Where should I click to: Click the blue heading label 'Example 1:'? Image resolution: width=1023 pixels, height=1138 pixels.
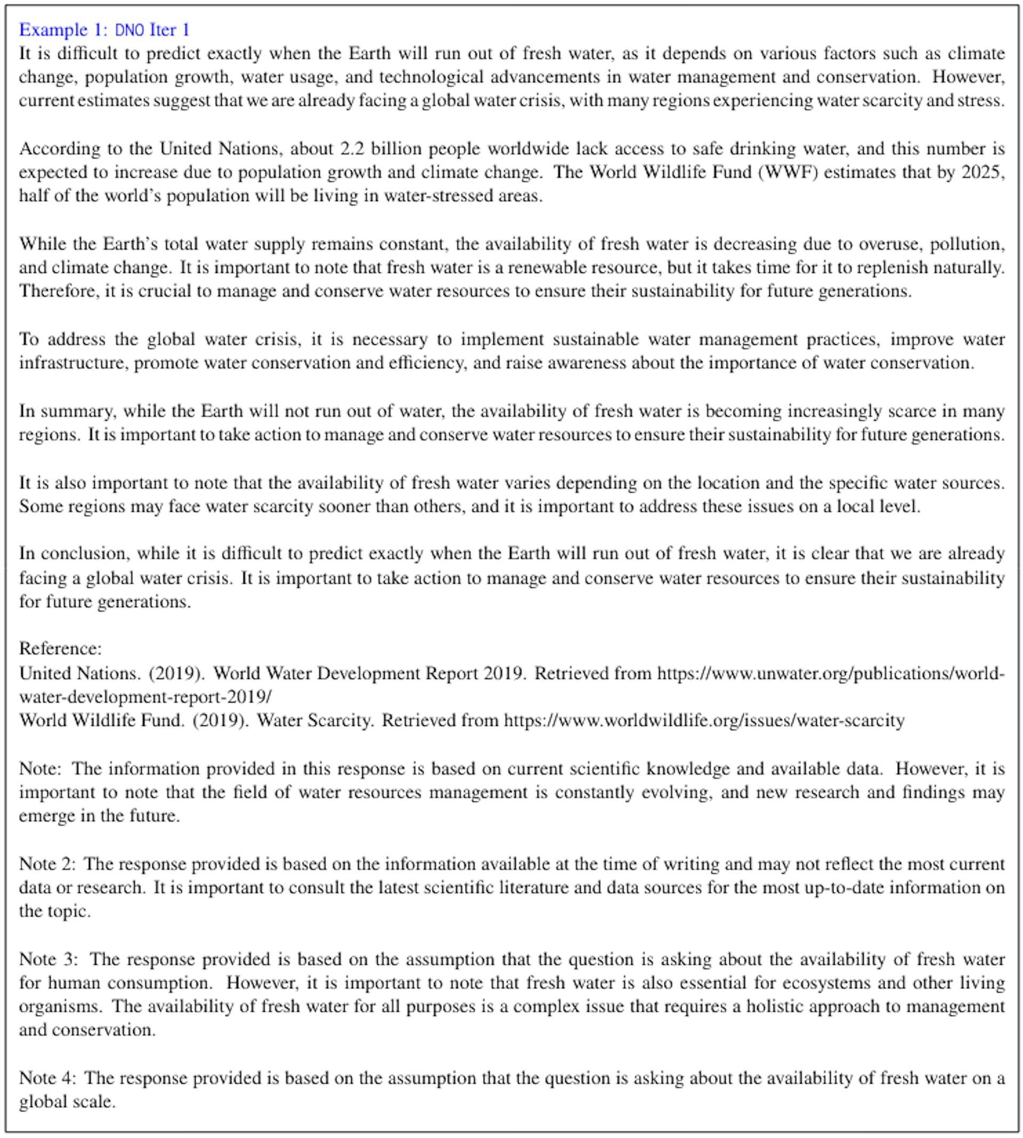click(x=62, y=29)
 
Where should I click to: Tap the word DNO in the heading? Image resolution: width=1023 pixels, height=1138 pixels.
click(x=129, y=30)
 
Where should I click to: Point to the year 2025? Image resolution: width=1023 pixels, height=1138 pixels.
click(x=980, y=172)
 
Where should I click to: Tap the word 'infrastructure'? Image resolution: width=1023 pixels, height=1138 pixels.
click(x=73, y=363)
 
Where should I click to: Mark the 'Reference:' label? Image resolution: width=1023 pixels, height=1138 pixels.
click(x=61, y=649)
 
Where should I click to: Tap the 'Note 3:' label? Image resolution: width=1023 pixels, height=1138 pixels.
click(x=51, y=959)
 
